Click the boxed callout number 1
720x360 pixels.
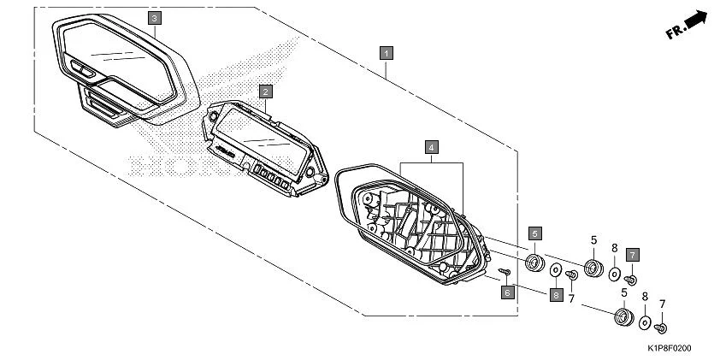click(387, 52)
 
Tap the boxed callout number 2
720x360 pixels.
click(266, 90)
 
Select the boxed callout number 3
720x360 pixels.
click(153, 17)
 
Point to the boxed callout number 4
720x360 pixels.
click(433, 146)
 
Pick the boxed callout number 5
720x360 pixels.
click(534, 232)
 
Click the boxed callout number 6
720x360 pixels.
click(506, 292)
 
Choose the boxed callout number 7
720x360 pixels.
click(632, 254)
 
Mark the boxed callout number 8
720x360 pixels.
click(555, 294)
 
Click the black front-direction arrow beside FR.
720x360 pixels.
click(697, 20)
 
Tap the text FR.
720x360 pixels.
click(674, 32)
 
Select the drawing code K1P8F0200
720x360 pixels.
click(669, 349)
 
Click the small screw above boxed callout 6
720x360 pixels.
click(505, 272)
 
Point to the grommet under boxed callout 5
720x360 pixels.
click(534, 261)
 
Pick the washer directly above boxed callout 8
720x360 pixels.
click(555, 269)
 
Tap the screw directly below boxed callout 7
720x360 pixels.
click(632, 279)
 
